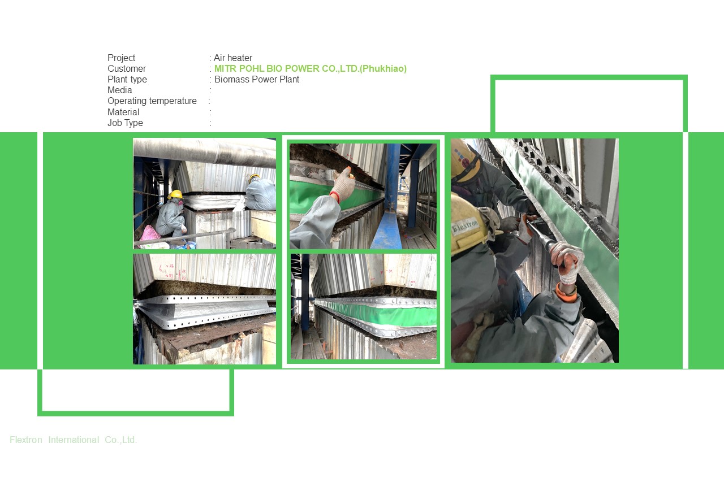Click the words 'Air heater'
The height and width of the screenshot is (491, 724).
pos(233,58)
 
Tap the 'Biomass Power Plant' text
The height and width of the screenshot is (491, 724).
pos(257,80)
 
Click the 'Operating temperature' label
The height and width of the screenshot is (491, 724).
pos(152,101)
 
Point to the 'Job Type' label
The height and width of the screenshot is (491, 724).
pos(125,123)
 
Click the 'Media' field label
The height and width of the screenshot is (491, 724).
pos(120,90)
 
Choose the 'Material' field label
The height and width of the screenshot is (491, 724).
pos(123,112)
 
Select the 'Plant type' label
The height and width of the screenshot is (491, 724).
pos(127,80)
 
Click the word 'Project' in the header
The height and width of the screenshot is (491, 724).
pos(122,58)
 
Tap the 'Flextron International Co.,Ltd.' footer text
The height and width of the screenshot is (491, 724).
pos(74,440)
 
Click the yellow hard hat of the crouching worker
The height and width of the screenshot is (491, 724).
pos(176,194)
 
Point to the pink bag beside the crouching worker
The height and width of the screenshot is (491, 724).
pos(150,233)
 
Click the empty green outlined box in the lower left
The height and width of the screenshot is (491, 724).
pos(136,392)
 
